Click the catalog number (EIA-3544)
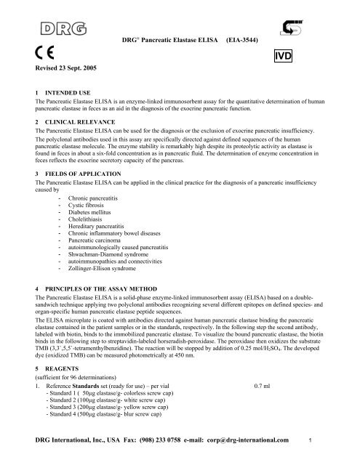(248, 35)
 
